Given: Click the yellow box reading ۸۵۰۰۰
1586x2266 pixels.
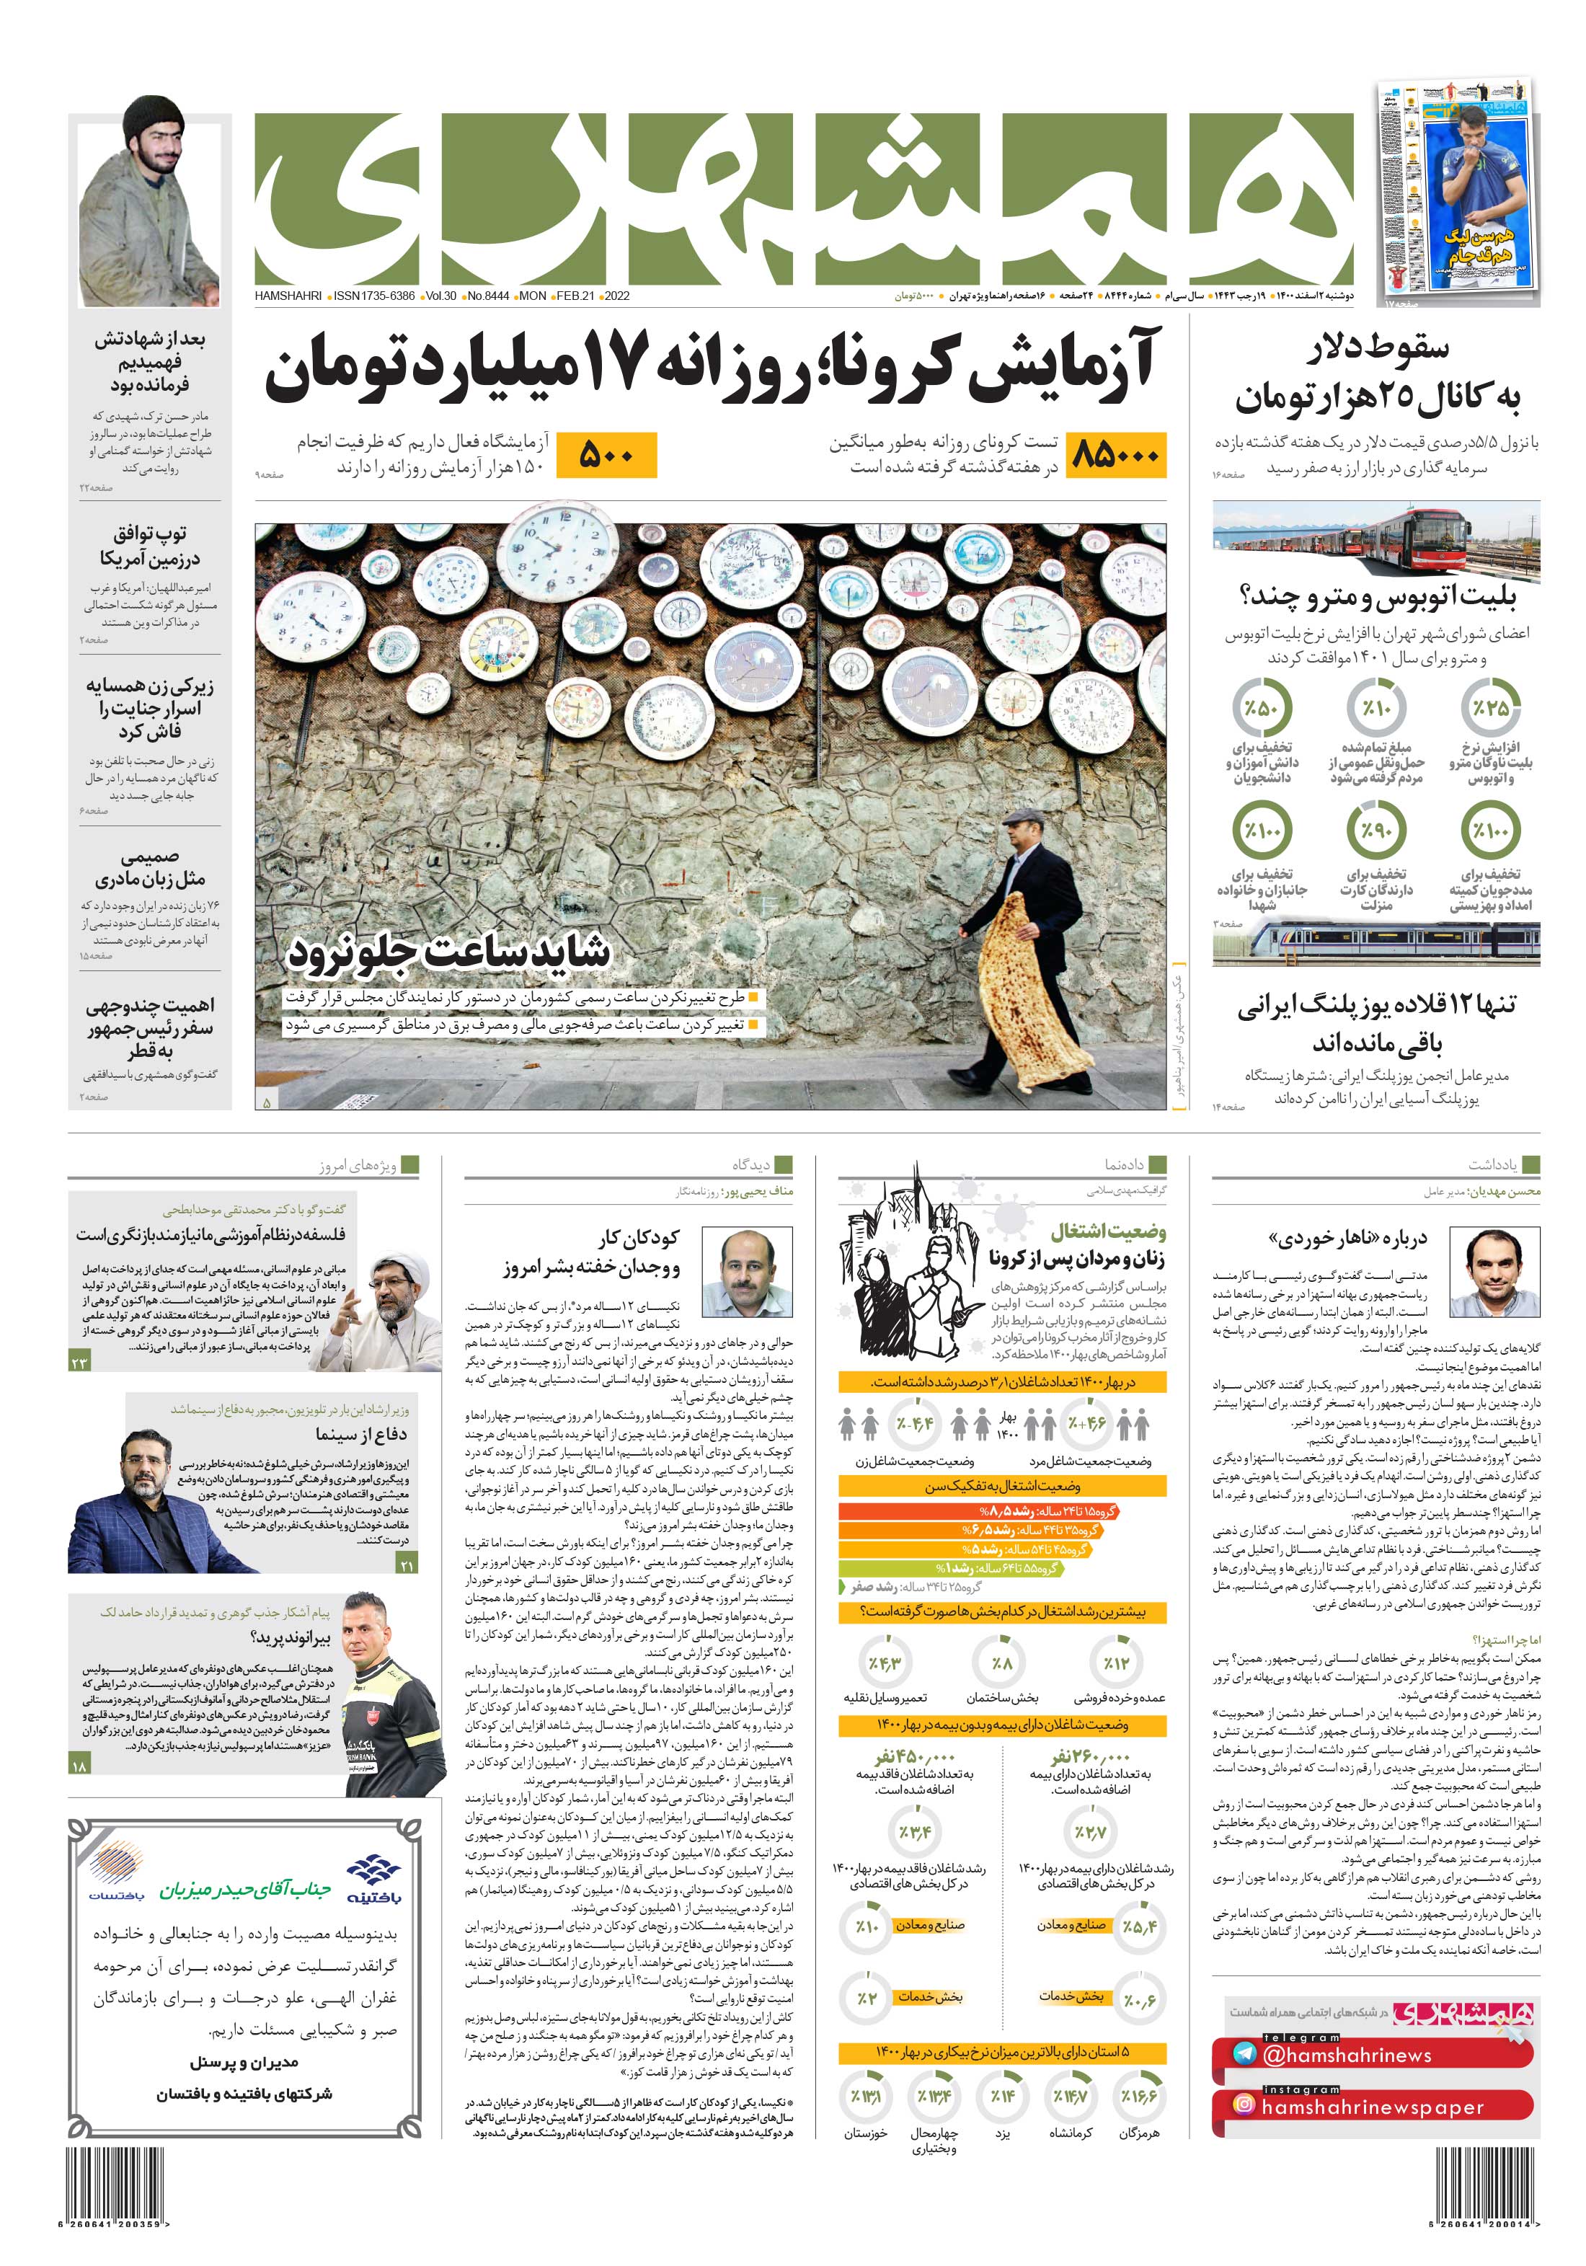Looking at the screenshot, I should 1116,455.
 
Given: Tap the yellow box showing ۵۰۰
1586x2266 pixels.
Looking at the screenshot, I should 605,455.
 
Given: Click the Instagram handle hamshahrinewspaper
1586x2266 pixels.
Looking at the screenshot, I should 1372,2106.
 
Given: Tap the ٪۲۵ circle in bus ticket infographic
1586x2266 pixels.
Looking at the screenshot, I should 1490,708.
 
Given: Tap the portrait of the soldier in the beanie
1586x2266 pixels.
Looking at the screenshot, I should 150,203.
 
